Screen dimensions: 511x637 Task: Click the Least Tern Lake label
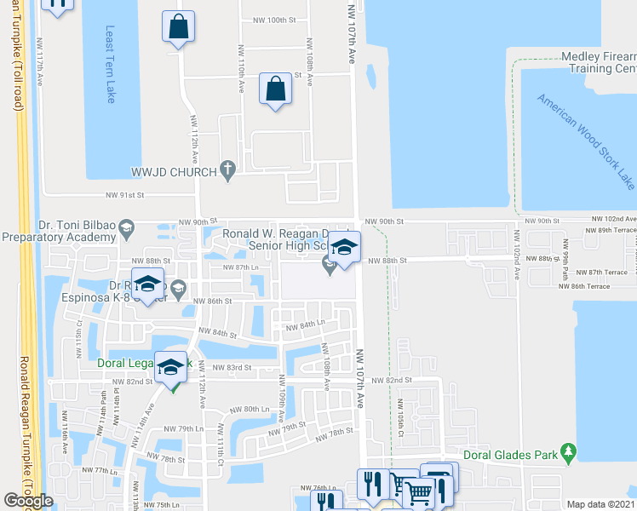click(110, 64)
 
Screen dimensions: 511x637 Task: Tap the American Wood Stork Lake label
click(586, 141)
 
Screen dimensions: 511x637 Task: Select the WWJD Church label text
click(175, 172)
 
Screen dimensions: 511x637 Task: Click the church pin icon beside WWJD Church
click(227, 172)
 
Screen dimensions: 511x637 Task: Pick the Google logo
click(28, 501)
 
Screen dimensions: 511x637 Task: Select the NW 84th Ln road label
click(304, 325)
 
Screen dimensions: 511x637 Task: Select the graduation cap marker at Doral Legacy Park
click(171, 366)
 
